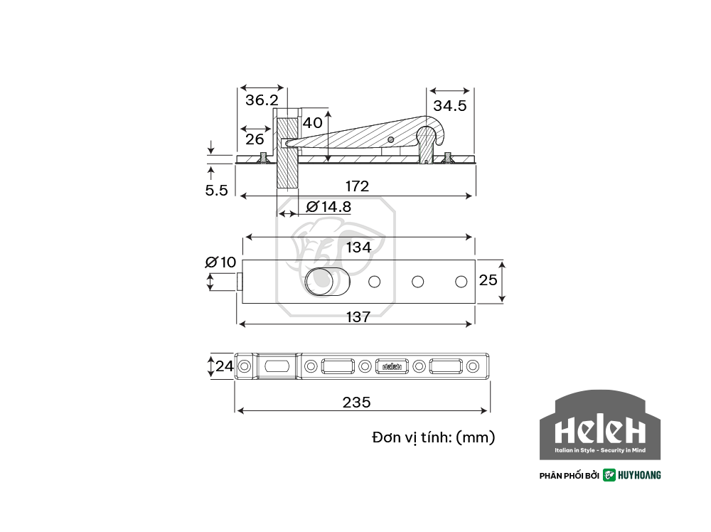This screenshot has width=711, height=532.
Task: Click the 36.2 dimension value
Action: (262, 100)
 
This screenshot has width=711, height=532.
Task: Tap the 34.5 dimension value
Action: (449, 106)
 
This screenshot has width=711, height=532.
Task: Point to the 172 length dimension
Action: (358, 186)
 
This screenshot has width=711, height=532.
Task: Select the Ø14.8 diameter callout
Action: (328, 207)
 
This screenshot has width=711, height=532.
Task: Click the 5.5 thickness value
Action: (216, 190)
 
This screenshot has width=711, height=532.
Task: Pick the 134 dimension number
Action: (358, 248)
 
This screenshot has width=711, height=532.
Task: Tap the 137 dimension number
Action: (358, 316)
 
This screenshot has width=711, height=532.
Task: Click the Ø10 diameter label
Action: (221, 262)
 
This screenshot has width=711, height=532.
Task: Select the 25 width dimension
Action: (488, 280)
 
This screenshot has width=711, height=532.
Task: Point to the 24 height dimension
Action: (225, 366)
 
